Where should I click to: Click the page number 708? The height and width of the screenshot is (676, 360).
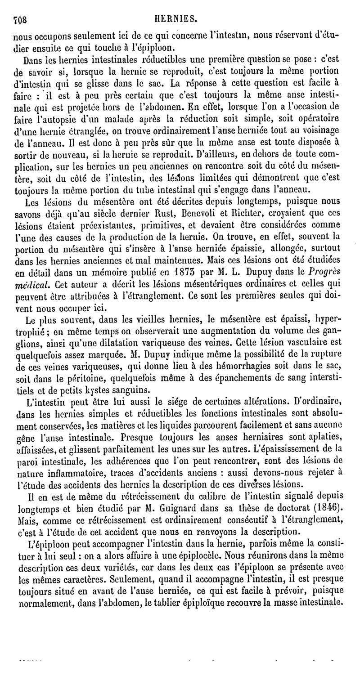(x=20, y=20)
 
